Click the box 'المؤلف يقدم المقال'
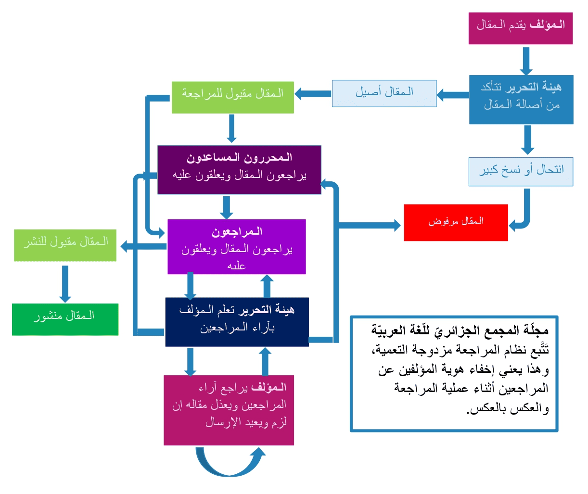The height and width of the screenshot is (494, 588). [x=521, y=28]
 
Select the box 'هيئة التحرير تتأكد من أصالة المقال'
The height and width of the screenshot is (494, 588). [x=521, y=100]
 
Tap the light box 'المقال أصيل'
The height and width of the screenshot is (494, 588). [x=384, y=93]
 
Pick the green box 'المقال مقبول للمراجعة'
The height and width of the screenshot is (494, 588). [x=233, y=97]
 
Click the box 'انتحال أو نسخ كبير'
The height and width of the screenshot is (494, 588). [x=521, y=172]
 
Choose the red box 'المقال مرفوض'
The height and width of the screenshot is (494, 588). [x=456, y=223]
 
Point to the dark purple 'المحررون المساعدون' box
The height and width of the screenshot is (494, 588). [x=239, y=170]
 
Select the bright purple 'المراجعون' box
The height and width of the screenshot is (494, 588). [x=237, y=247]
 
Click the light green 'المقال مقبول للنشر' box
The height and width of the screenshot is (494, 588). [x=65, y=245]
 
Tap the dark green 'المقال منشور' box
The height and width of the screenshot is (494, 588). [x=65, y=319]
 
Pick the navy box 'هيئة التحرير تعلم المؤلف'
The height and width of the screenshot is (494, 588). [x=237, y=322]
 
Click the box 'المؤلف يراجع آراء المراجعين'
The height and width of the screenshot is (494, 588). [x=229, y=410]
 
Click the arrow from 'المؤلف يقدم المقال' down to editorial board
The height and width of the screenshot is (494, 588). [x=526, y=61]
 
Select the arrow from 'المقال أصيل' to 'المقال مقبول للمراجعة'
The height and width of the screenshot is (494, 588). [x=313, y=94]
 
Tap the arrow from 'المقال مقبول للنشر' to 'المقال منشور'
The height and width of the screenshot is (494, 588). [x=65, y=284]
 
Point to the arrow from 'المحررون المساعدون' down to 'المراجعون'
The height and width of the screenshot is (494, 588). [x=227, y=208]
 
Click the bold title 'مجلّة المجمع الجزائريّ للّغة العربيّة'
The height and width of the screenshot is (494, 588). [x=460, y=330]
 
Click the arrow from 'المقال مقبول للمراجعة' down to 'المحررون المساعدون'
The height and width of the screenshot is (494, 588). [x=231, y=128]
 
